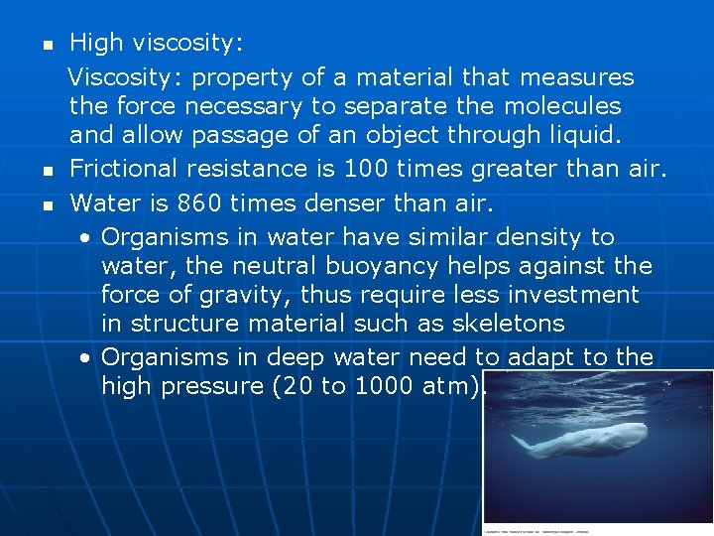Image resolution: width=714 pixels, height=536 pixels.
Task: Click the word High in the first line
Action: coord(96,44)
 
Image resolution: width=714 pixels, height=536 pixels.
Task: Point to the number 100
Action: coord(350,169)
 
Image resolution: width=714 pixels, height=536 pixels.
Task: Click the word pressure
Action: coord(216,386)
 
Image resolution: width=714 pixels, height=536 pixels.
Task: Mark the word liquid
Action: coord(588,135)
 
